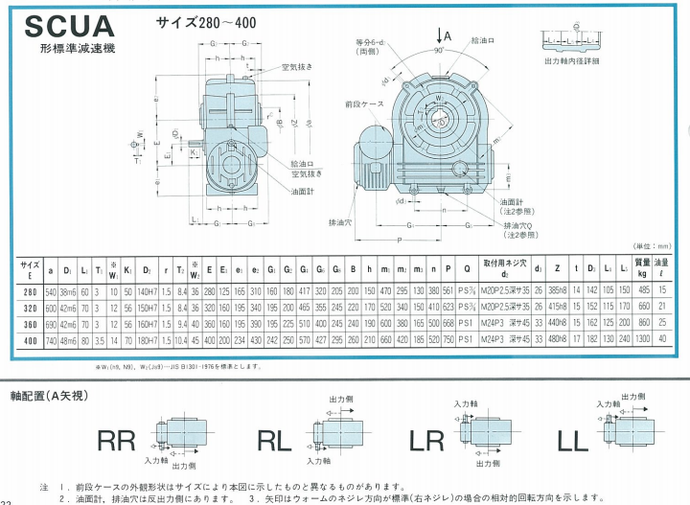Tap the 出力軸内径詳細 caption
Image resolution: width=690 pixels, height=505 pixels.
pyautogui.click(x=571, y=60)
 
